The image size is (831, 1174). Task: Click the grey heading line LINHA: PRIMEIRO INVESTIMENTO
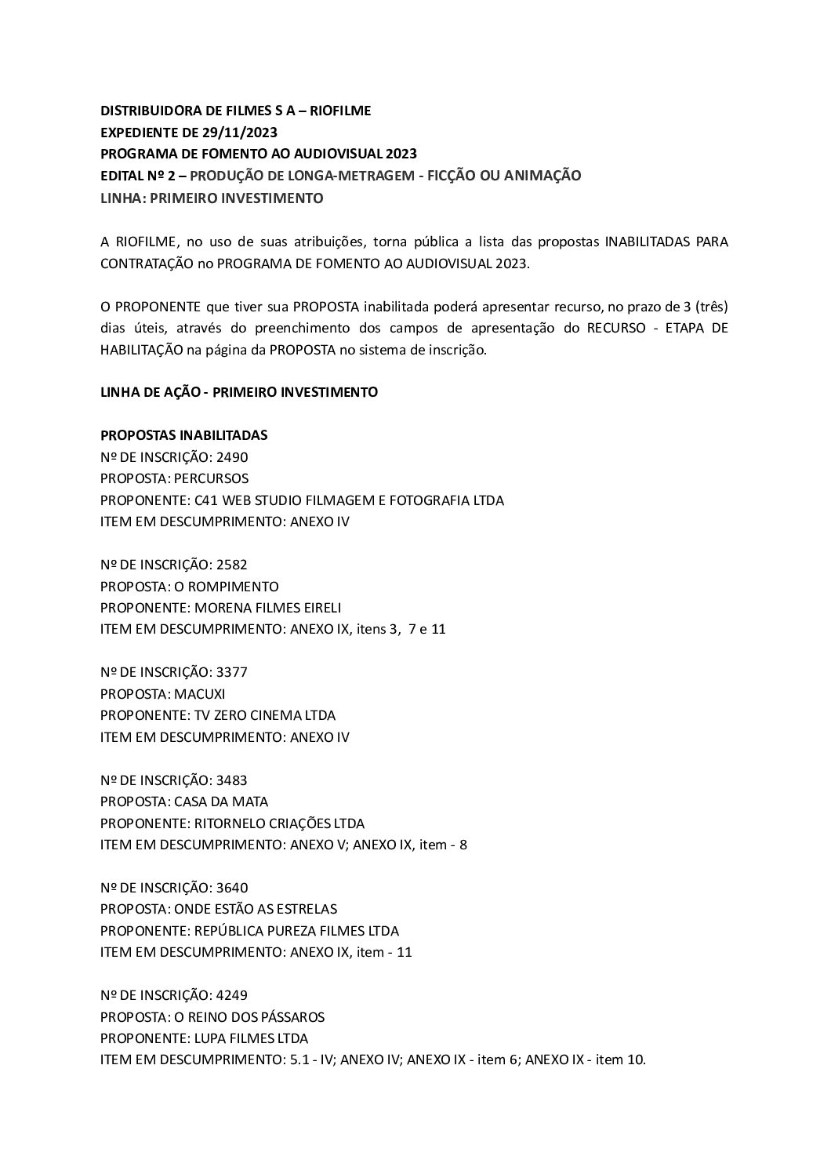pos(212,198)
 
